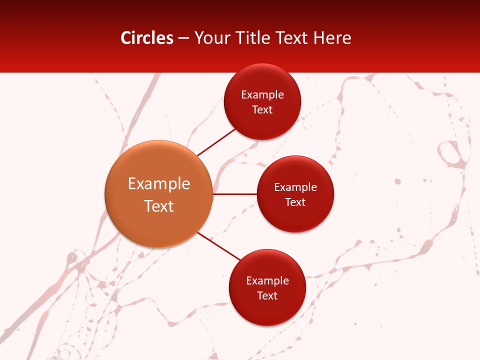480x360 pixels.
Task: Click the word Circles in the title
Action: pos(147,38)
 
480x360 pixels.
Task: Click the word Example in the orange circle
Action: pos(159,184)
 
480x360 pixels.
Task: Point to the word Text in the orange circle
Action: pos(159,206)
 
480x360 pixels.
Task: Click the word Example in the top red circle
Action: pos(262,95)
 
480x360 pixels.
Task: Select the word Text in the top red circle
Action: pos(262,110)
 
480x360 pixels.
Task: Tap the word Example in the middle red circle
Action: pos(295,187)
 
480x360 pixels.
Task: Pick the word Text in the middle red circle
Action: pos(295,202)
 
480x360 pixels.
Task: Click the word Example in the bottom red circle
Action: pos(267,281)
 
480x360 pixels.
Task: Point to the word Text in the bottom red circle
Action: pos(267,296)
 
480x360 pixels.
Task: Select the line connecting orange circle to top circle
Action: pos(216,142)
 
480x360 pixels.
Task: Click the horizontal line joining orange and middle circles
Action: pos(235,194)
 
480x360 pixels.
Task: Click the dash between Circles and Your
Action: pos(183,38)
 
